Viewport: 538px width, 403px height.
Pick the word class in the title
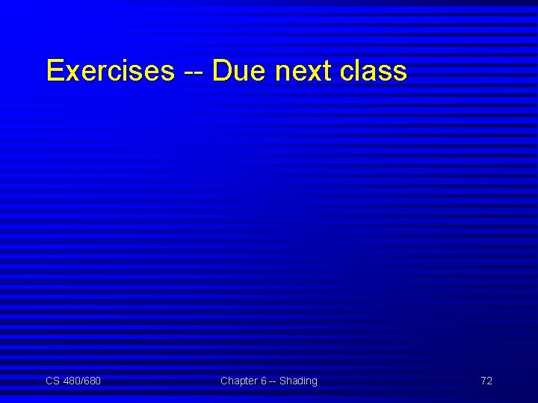click(374, 71)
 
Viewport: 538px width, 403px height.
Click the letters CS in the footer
click(52, 381)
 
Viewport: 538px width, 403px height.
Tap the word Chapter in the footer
click(238, 381)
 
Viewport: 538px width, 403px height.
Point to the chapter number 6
click(264, 381)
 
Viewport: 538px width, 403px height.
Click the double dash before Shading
click(273, 381)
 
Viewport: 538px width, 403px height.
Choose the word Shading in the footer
click(298, 381)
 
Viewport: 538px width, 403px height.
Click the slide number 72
click(486, 381)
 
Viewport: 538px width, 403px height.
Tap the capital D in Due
click(222, 71)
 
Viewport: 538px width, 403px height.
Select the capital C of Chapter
click(224, 381)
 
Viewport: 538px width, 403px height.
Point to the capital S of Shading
click(283, 381)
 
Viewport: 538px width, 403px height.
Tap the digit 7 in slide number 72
click(483, 381)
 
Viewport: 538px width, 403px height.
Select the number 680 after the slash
click(92, 381)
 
